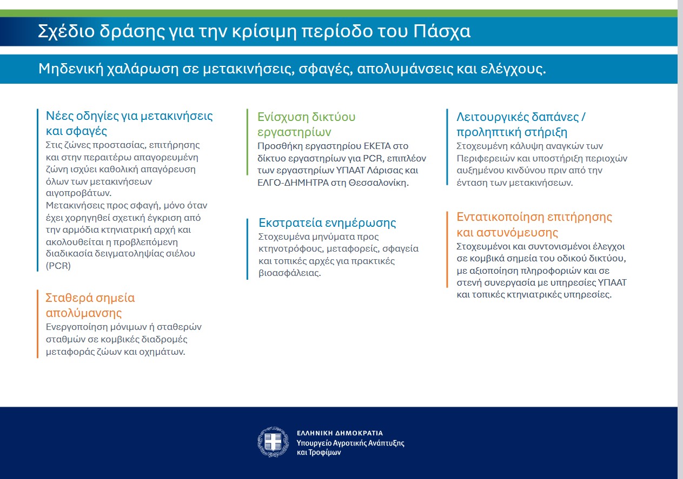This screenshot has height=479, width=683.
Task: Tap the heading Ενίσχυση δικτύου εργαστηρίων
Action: [306, 124]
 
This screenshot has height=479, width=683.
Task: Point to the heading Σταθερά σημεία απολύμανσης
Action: [90, 305]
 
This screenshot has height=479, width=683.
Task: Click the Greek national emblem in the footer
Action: [273, 442]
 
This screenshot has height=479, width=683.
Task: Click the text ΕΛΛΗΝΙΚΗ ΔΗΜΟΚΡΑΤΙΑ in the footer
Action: [340, 433]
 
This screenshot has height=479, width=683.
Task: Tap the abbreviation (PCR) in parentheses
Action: [58, 266]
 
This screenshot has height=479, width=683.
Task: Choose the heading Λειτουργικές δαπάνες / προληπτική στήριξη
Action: [521, 124]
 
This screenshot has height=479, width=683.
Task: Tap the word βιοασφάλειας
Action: [289, 273]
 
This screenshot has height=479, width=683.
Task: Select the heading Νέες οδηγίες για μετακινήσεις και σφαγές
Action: [129, 123]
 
